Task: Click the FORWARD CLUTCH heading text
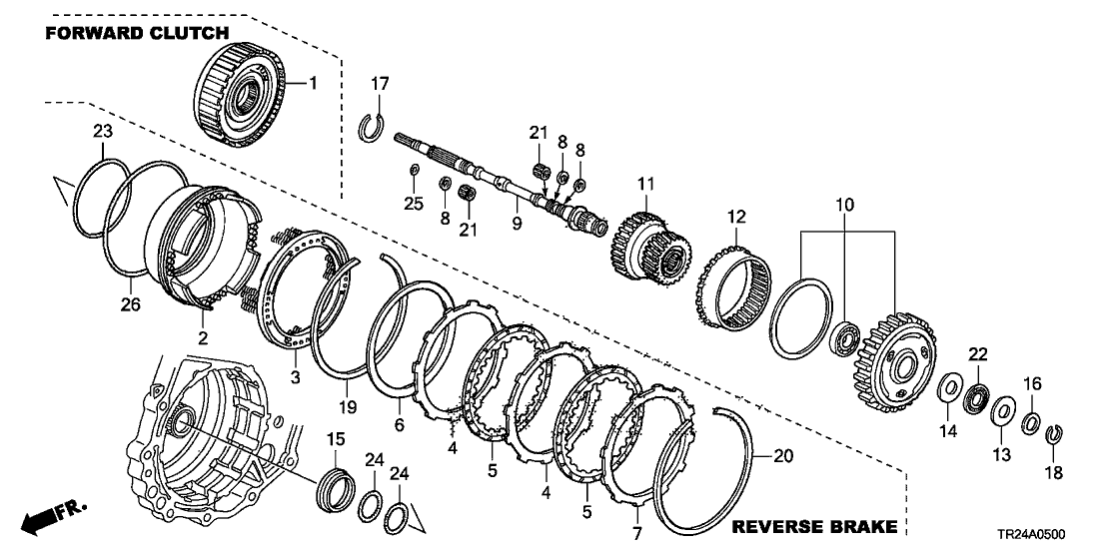click(136, 33)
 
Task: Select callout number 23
click(104, 131)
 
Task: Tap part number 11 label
click(645, 184)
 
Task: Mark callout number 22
click(977, 353)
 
